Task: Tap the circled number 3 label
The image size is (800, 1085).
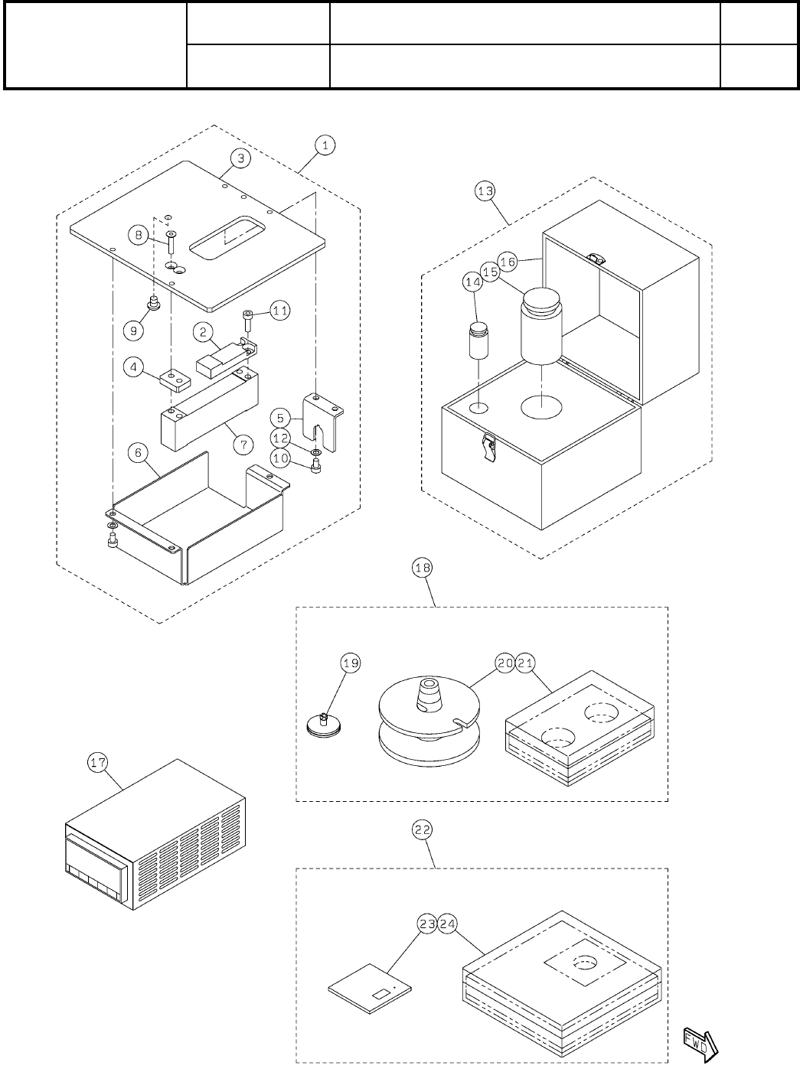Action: [x=240, y=158]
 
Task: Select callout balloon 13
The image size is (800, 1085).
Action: [x=485, y=191]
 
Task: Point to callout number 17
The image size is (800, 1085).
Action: [x=99, y=762]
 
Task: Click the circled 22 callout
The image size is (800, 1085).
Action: [x=423, y=829]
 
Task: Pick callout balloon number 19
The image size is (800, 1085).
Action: [x=351, y=663]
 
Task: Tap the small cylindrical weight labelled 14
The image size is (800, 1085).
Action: [x=478, y=343]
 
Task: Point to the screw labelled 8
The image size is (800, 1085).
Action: [x=171, y=243]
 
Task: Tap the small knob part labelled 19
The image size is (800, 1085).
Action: [x=323, y=724]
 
